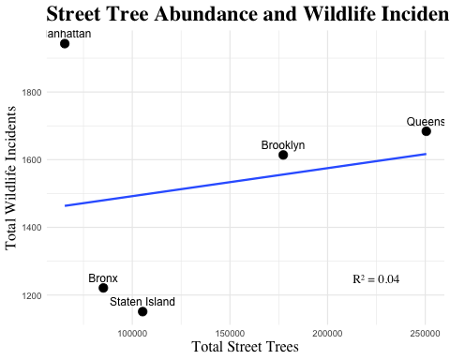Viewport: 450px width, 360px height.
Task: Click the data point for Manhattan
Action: click(x=65, y=44)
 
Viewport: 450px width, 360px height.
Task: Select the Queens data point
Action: click(x=427, y=132)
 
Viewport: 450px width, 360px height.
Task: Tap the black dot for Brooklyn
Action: click(x=283, y=155)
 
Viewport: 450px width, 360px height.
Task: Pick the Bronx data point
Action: click(x=103, y=288)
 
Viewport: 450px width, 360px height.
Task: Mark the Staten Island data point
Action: click(x=142, y=311)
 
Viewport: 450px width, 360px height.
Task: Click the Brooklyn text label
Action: click(x=282, y=145)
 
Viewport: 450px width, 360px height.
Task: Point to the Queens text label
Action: click(x=427, y=122)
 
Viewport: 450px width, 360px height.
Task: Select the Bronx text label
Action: click(x=103, y=278)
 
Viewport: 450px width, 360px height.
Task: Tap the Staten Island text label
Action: click(x=142, y=302)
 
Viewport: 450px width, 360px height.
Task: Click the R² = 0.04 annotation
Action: click(x=376, y=279)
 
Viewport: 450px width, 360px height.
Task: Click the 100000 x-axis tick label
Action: click(x=131, y=333)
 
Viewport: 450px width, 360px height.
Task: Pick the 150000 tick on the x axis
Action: click(x=230, y=333)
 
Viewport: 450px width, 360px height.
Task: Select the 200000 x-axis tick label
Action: click(x=327, y=333)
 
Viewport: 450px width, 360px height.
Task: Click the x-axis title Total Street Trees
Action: click(x=245, y=347)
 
